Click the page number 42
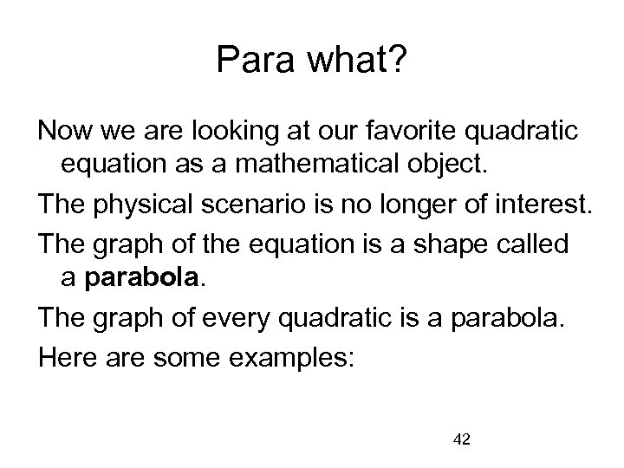coord(461,440)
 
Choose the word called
coord(536,244)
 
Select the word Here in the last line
coord(63,358)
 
